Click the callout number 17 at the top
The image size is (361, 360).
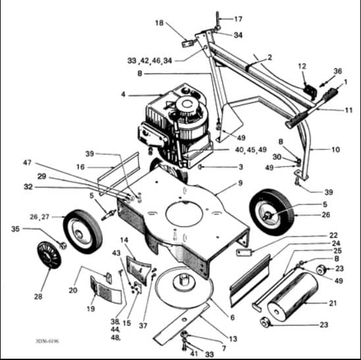pyautogui.click(x=238, y=19)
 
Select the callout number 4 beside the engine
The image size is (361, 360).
pyautogui.click(x=123, y=94)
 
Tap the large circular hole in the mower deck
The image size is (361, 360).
pyautogui.click(x=184, y=214)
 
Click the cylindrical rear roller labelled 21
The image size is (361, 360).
pyautogui.click(x=293, y=297)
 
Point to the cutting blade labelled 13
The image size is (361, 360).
pyautogui.click(x=182, y=324)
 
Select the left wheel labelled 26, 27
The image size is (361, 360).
pyautogui.click(x=83, y=232)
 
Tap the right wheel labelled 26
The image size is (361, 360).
pyautogui.click(x=272, y=212)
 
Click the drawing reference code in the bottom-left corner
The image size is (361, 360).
pyautogui.click(x=47, y=341)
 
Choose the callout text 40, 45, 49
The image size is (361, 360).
pyautogui.click(x=251, y=150)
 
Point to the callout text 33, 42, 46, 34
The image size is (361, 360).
pyautogui.click(x=150, y=61)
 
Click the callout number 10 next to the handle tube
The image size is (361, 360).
pyautogui.click(x=335, y=149)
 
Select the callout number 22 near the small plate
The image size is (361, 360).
pyautogui.click(x=333, y=236)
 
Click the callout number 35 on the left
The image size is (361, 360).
pyautogui.click(x=15, y=229)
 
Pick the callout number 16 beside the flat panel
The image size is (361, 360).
pyautogui.click(x=80, y=167)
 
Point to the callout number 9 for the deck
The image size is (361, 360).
pyautogui.click(x=240, y=183)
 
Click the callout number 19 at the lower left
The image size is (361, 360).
pyautogui.click(x=91, y=309)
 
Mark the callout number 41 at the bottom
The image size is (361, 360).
pyautogui.click(x=194, y=353)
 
